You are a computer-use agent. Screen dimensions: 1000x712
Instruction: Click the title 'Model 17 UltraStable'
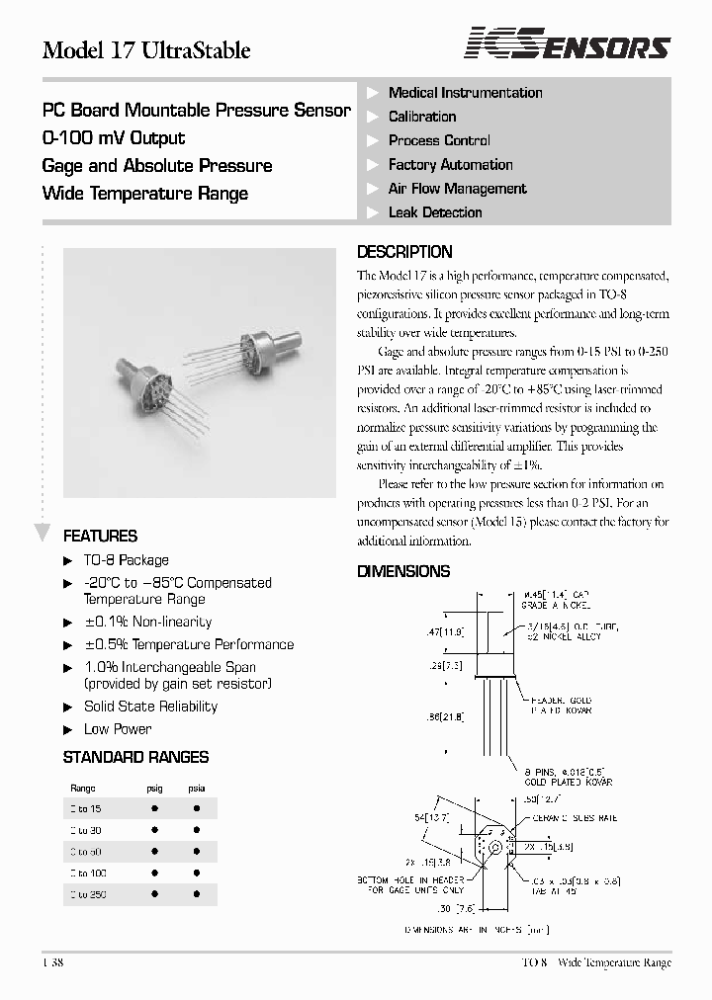[x=146, y=50]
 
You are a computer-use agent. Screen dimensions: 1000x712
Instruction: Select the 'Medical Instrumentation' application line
[x=465, y=93]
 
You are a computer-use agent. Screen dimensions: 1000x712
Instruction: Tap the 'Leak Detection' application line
[x=435, y=212]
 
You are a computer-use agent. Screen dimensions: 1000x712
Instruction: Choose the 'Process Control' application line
[x=439, y=141]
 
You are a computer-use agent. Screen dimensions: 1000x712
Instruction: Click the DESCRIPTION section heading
[x=404, y=252]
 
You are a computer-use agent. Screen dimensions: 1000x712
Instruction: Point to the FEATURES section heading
[x=100, y=537]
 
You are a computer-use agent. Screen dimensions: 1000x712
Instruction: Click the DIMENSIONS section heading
[x=403, y=571]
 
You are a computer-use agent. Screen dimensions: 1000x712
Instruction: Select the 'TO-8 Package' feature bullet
[x=126, y=560]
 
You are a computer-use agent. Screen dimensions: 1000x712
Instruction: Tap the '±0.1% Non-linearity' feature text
[x=147, y=623]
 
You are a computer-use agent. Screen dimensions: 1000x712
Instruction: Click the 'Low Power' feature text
[x=118, y=729]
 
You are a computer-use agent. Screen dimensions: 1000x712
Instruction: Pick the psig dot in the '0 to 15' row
[x=155, y=808]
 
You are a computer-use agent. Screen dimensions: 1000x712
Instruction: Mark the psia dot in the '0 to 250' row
[x=197, y=894]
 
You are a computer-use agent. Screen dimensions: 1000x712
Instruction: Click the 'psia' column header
[x=197, y=788]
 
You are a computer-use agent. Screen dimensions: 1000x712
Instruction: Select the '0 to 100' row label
[x=88, y=874]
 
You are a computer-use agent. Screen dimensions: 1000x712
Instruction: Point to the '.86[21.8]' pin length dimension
[x=445, y=717]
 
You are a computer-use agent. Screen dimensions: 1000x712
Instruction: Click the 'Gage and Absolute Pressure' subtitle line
[x=157, y=166]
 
